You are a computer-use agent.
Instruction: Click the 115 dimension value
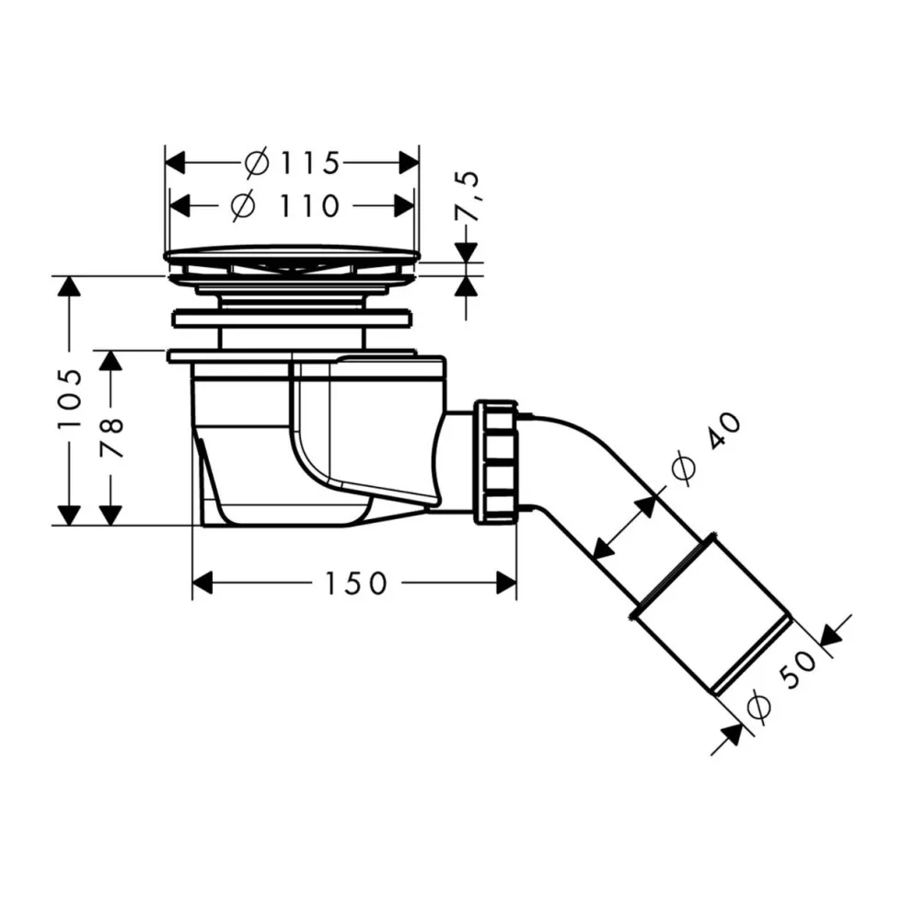coord(310,164)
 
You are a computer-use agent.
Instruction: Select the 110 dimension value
coord(309,205)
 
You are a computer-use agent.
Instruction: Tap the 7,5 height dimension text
coord(468,195)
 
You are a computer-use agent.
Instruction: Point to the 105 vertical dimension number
coord(70,399)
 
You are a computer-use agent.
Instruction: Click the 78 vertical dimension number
coord(111,437)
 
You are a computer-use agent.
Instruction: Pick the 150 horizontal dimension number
coord(356,584)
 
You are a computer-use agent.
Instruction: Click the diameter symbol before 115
coord(256,164)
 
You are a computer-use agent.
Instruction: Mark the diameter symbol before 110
coord(243,205)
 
